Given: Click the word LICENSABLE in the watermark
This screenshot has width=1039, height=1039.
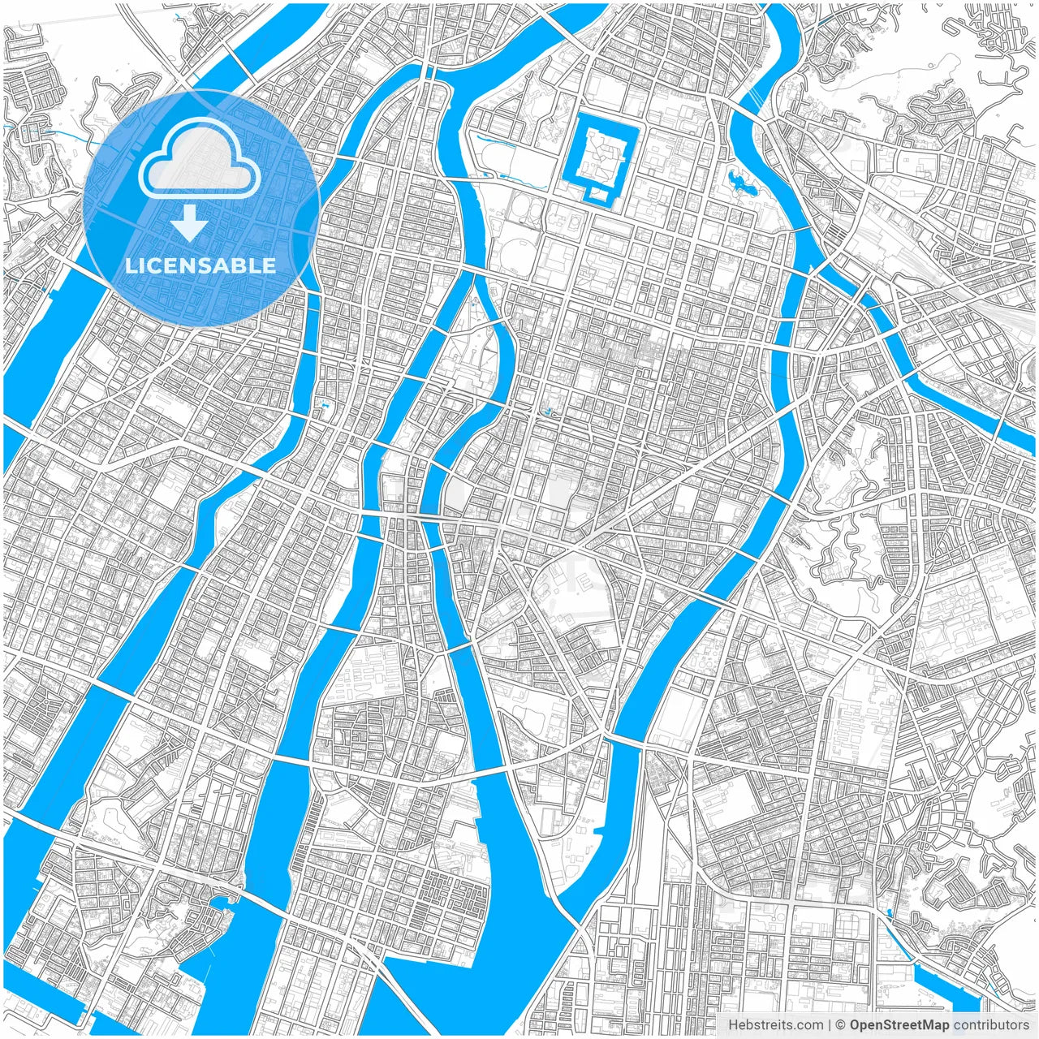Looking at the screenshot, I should click(x=200, y=265).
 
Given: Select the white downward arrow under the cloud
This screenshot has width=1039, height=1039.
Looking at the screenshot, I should click(x=189, y=223).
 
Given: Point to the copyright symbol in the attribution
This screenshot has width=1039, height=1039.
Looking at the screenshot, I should click(x=841, y=1025).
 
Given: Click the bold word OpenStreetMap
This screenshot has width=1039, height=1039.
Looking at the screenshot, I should click(x=899, y=1025).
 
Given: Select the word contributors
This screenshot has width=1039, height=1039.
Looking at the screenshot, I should click(x=991, y=1025).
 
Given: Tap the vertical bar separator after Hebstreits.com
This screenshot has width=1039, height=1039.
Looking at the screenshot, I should click(x=830, y=1025).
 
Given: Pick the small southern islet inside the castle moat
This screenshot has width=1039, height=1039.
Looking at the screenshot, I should click(x=601, y=192).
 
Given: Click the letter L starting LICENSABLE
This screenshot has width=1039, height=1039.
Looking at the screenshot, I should click(x=130, y=265).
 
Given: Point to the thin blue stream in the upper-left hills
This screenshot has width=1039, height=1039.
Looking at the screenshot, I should click(x=57, y=131).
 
